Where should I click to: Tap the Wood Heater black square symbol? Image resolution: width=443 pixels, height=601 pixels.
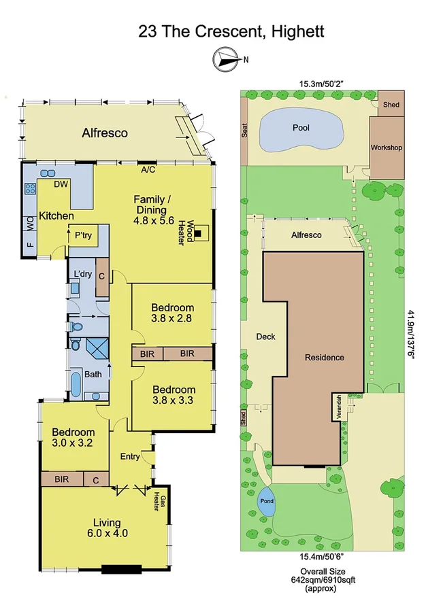click(197, 235)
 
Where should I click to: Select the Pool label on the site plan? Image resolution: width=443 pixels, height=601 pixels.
click(301, 127)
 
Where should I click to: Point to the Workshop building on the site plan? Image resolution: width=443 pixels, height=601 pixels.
click(386, 147)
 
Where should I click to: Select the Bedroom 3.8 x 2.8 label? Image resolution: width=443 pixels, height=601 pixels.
click(172, 313)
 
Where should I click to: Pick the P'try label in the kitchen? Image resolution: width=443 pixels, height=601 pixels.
click(84, 235)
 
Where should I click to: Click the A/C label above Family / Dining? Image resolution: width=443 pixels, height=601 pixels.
click(148, 171)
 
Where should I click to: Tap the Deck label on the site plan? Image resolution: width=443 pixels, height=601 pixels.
click(265, 336)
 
